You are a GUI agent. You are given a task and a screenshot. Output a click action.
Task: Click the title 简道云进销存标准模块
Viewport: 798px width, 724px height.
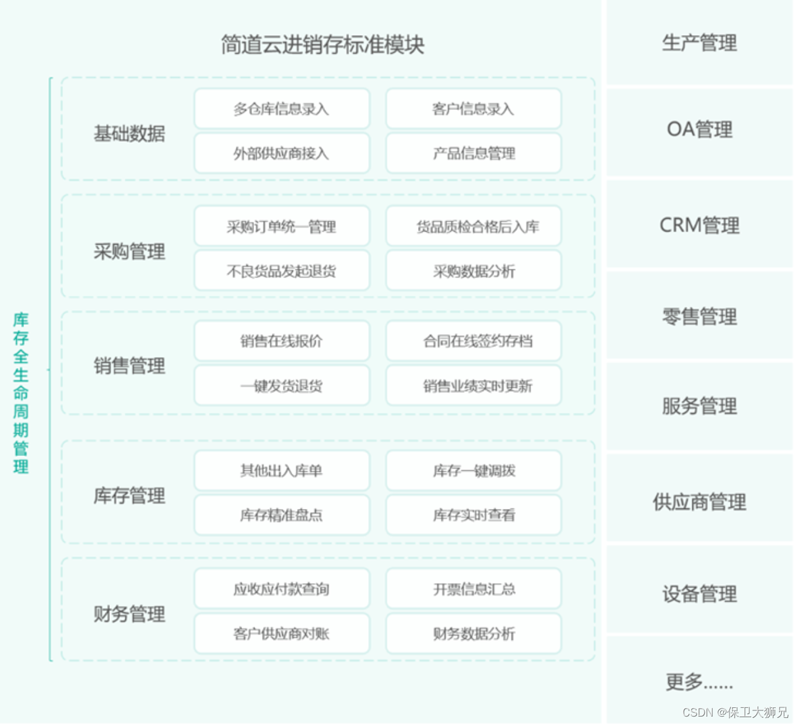322,44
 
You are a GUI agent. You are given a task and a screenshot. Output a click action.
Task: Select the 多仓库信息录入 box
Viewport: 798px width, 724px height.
282,109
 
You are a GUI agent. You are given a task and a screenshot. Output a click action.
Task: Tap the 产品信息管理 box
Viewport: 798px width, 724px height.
474,153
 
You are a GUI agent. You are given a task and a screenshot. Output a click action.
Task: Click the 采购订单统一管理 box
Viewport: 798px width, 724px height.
282,227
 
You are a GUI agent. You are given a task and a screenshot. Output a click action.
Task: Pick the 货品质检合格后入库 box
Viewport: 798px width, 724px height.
474,227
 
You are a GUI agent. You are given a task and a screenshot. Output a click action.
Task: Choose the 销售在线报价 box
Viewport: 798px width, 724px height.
282,341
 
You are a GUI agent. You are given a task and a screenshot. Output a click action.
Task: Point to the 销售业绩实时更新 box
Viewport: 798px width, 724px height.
474,386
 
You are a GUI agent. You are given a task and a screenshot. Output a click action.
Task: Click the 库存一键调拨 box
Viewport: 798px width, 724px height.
474,471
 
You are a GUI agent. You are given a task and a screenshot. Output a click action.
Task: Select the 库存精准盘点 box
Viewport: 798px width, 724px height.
282,515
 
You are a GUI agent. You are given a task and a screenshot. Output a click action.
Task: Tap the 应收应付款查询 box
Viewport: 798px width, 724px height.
282,589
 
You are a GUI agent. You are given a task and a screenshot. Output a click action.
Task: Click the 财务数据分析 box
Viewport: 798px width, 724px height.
474,633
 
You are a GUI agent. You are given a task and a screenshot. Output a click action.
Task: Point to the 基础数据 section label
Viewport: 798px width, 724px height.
129,133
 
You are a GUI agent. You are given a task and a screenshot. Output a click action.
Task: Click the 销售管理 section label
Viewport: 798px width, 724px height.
129,366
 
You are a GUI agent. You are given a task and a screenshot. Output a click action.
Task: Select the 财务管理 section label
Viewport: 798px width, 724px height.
129,614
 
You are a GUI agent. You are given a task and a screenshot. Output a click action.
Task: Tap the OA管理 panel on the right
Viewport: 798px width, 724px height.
699,130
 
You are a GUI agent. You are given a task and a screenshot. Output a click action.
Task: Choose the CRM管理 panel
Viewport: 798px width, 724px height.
699,225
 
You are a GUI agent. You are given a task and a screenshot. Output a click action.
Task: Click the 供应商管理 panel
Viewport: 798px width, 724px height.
699,502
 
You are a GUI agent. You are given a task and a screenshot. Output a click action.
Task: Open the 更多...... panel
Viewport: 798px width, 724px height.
699,682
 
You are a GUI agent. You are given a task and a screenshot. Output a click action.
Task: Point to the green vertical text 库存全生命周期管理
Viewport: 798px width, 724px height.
21,393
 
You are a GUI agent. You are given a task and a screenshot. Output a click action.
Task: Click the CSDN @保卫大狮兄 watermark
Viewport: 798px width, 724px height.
735,712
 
